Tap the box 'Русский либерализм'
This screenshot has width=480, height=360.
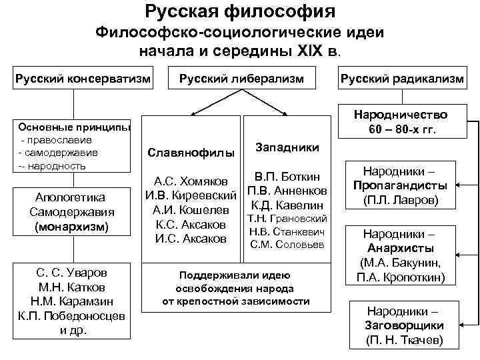241,79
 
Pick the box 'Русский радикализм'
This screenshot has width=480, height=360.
402,79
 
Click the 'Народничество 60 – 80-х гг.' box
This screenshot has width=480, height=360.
401,121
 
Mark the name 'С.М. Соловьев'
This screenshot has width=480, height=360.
287,245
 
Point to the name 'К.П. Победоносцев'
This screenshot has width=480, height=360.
71,316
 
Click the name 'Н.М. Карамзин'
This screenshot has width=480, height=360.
71,301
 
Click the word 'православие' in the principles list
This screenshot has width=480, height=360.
59,141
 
